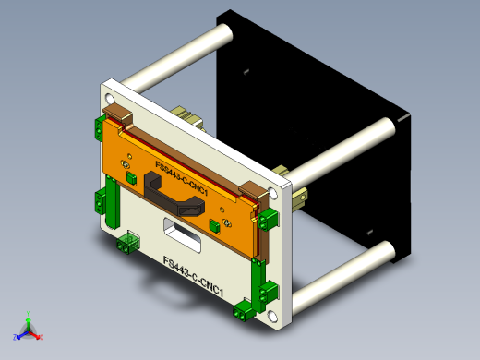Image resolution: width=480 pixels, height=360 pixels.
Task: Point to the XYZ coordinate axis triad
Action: tap(29, 328)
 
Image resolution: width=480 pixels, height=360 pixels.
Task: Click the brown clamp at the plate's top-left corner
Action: tap(118, 114)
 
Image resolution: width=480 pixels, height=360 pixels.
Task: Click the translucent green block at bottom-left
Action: tap(127, 242)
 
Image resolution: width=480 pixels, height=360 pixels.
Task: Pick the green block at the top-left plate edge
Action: tap(98, 129)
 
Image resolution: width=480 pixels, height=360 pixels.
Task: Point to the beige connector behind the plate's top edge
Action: tap(189, 115)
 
